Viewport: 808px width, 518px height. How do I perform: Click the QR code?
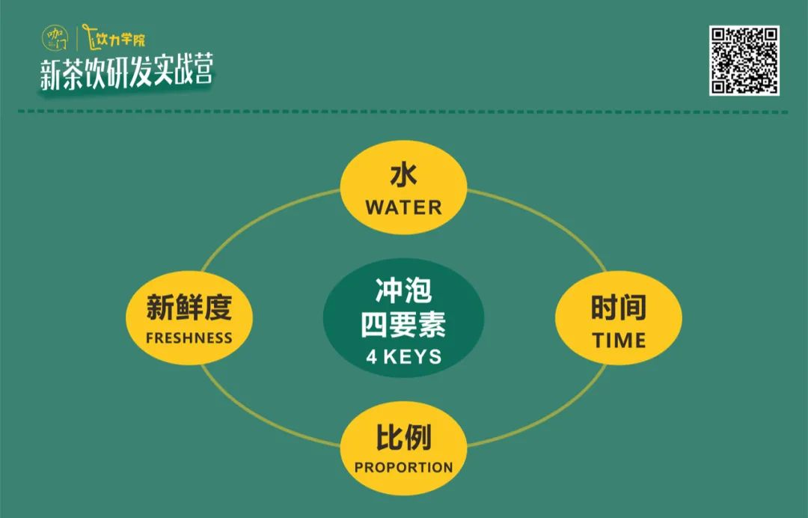click(x=744, y=61)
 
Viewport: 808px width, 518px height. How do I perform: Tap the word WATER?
click(x=403, y=207)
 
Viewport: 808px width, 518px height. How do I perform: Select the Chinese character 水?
click(x=403, y=175)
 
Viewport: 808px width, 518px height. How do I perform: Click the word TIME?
click(x=619, y=340)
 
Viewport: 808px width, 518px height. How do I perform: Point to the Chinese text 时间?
click(x=619, y=308)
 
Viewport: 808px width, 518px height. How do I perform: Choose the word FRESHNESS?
click(x=189, y=338)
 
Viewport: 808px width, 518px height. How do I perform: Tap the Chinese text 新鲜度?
click(x=189, y=307)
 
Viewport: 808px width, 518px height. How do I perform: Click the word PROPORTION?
click(x=403, y=468)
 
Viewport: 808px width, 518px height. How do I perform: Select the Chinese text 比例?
click(x=403, y=438)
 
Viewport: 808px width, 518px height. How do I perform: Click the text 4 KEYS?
click(x=403, y=356)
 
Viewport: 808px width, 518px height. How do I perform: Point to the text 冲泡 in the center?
click(x=403, y=290)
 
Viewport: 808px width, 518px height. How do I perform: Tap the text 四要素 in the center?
click(x=403, y=325)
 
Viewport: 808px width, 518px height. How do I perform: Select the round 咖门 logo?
click(x=55, y=38)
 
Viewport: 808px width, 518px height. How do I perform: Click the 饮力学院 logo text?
click(x=114, y=37)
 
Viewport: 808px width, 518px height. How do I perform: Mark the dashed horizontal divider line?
click(x=403, y=112)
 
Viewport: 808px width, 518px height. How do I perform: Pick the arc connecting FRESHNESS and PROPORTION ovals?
click(x=260, y=415)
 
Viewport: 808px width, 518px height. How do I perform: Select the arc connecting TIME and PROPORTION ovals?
click(x=547, y=415)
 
